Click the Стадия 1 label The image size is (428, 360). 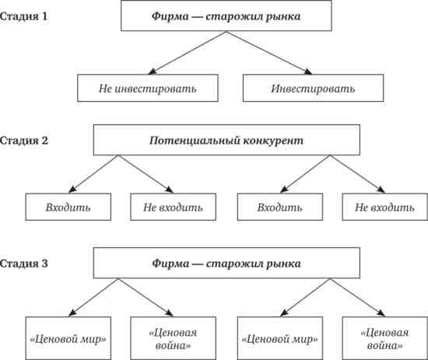tap(23, 16)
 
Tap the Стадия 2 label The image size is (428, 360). tap(24, 141)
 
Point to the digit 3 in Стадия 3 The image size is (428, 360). tap(44, 264)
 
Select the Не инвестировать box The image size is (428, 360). tap(148, 88)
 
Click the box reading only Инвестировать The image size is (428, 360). tap(313, 88)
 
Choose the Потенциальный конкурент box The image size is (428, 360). tap(226, 140)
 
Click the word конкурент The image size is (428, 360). tap(273, 141)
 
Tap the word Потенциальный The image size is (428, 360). tap(195, 141)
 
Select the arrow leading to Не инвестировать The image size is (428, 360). tap(187, 53)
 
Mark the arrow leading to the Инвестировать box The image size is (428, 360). tap(269, 53)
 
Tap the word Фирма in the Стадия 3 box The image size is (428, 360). tap(170, 264)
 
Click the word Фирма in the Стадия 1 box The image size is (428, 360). tap(170, 16)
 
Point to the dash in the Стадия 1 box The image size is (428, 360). tap(197, 17)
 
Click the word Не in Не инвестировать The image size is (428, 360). tap(105, 89)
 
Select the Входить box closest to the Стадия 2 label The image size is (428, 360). tap(68, 207)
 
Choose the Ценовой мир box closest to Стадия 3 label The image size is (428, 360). tap(68, 338)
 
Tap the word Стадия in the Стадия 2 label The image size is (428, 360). tap(19, 141)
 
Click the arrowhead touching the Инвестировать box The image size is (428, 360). tap(309, 72)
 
